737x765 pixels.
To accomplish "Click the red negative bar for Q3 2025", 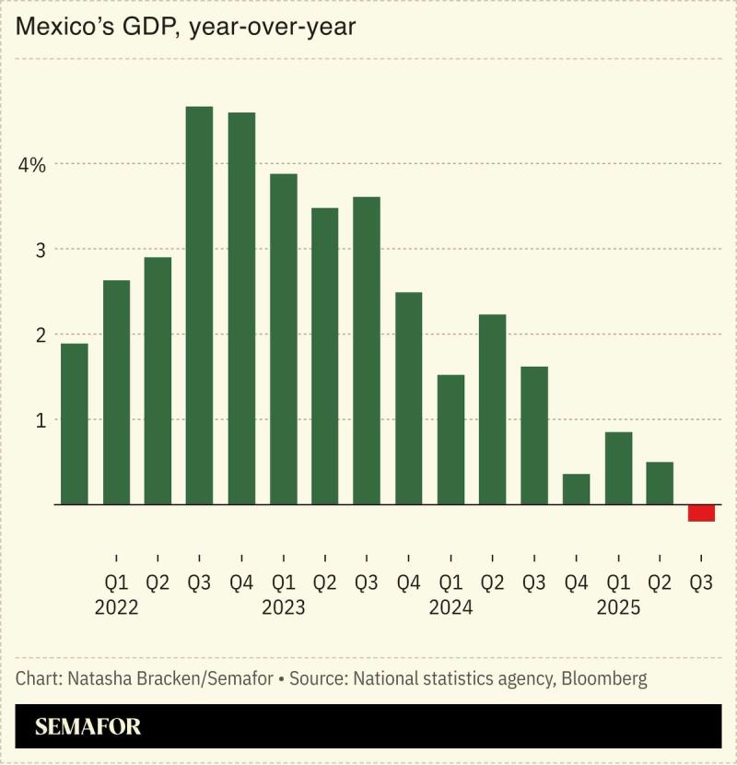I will tap(701, 512).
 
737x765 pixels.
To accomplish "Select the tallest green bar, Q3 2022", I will tap(199, 305).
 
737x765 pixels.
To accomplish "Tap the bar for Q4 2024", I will tap(576, 488).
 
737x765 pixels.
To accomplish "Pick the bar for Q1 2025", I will tap(618, 467).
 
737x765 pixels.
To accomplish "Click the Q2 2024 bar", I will tap(492, 409).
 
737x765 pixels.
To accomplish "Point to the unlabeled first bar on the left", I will tap(74, 424).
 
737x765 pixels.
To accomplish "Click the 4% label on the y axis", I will tap(31, 165).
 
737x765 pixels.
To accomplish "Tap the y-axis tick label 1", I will tap(39, 419).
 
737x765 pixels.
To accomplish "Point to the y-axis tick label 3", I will tap(39, 250).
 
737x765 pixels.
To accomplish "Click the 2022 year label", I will tap(116, 608).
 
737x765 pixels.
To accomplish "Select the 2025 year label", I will tap(618, 608).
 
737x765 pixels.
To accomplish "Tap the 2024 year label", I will tap(450, 608).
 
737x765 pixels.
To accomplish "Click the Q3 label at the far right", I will tap(701, 583).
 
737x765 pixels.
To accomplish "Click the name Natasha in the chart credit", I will tap(97, 679).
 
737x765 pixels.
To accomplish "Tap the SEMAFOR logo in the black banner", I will tap(88, 727).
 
